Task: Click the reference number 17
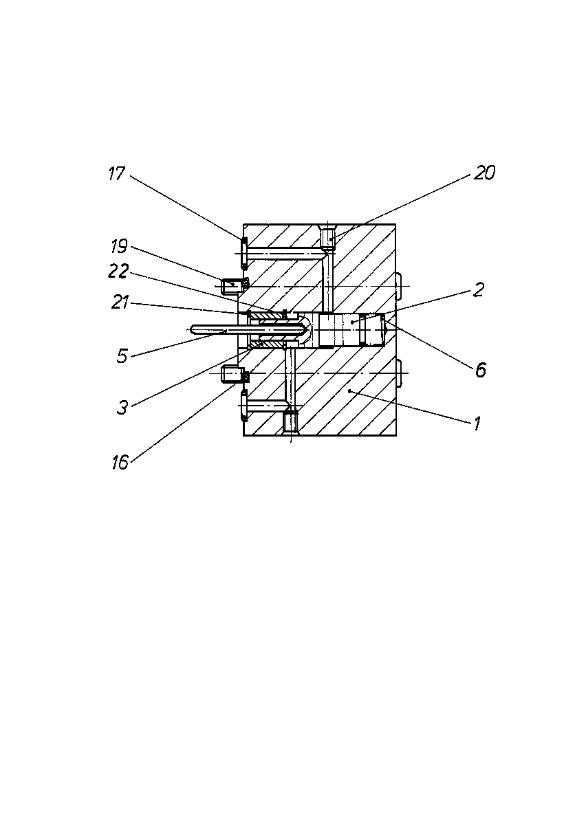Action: point(117,173)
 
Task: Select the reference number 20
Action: point(484,173)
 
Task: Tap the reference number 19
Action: point(120,246)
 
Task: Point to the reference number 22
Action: point(118,271)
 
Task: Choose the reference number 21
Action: point(120,302)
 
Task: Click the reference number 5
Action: point(122,356)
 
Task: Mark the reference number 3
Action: point(122,408)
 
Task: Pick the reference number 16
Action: point(120,463)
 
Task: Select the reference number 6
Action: point(481,370)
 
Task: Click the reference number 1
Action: point(477,423)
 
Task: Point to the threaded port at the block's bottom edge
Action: point(291,423)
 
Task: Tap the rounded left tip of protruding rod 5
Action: point(193,329)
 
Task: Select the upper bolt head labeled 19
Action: point(230,286)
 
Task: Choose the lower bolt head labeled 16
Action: point(230,373)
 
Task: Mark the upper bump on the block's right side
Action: point(398,286)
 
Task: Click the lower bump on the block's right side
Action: point(398,373)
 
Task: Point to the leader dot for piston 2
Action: point(352,322)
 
